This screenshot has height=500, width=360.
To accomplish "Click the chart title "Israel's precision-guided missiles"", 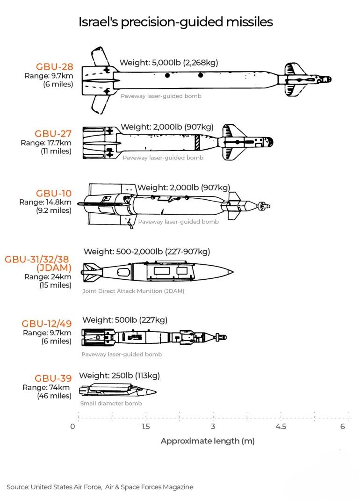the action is tap(176, 22).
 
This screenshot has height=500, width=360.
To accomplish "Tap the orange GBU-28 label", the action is tap(55, 66).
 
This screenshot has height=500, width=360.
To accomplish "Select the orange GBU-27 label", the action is tap(53, 134).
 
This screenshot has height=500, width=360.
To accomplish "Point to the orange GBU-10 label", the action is tap(54, 193).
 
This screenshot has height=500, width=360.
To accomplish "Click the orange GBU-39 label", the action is tap(53, 378).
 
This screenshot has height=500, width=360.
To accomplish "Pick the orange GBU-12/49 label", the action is tap(47, 324).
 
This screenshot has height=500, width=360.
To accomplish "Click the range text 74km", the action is tap(59, 387).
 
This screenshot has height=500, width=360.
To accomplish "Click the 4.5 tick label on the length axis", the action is tap(281, 427).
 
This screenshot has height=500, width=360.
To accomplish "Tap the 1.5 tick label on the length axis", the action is tap(146, 427).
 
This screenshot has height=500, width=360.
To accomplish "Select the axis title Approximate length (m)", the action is tap(208, 441).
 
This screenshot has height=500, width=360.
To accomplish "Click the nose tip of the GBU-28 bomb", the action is tap(331, 80).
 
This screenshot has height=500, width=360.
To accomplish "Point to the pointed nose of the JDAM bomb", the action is tap(233, 272).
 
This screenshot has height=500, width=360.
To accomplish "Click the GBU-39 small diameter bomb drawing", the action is tap(118, 390).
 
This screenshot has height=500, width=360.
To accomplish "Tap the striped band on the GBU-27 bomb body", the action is tap(197, 143).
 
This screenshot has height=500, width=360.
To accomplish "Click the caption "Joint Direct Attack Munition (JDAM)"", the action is tap(133, 291).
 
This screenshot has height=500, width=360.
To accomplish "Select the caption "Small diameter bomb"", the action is tap(111, 403).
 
